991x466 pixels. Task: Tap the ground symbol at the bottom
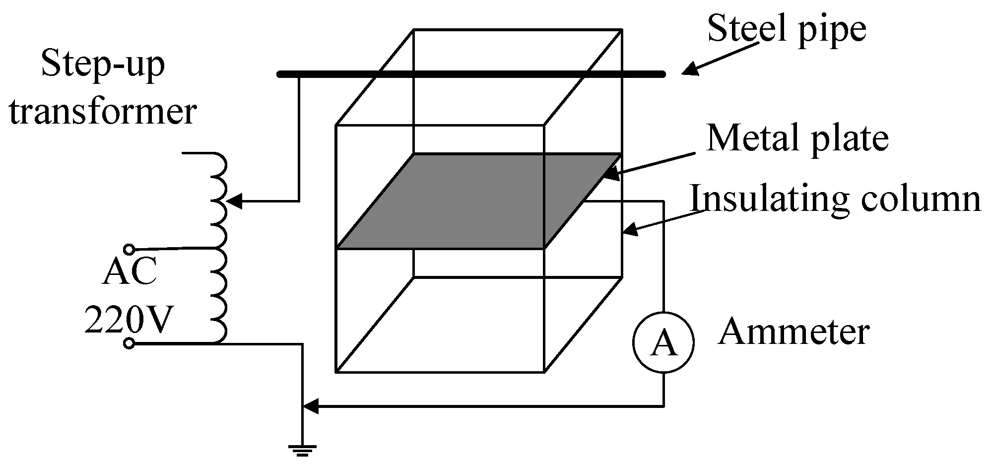click(x=302, y=450)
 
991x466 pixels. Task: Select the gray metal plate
click(x=479, y=201)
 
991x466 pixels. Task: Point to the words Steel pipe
click(x=787, y=29)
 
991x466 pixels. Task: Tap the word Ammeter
click(x=793, y=331)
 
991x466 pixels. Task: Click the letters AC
click(x=129, y=272)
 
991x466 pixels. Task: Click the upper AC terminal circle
click(x=129, y=249)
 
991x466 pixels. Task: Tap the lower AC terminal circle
click(x=129, y=343)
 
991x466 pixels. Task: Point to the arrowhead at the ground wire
click(x=311, y=407)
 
